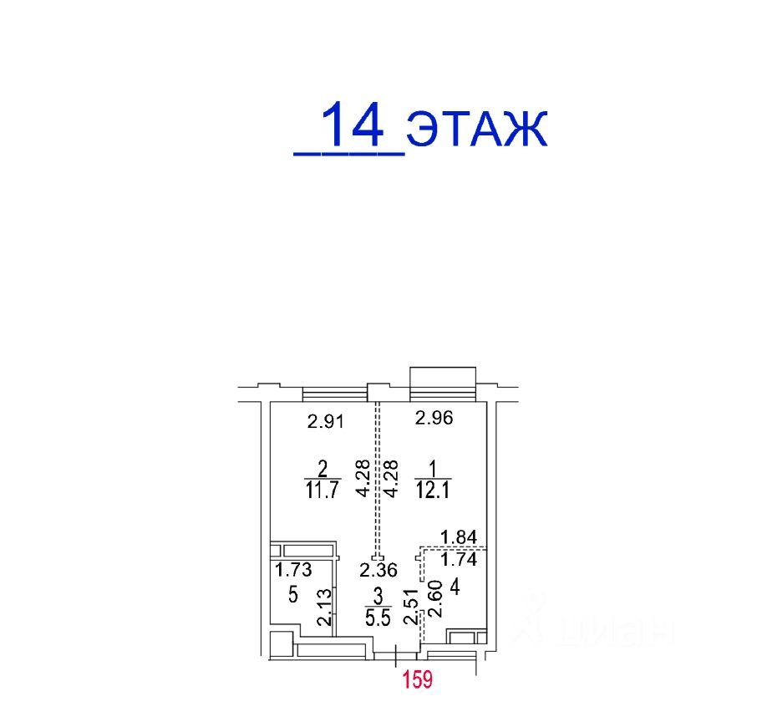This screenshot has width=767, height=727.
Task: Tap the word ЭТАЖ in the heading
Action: [x=477, y=129]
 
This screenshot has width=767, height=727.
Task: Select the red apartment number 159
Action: [x=417, y=679]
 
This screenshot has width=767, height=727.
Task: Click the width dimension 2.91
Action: [x=326, y=420]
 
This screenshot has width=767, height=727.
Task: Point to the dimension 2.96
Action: [x=434, y=417]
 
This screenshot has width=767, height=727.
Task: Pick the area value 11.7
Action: [x=322, y=489]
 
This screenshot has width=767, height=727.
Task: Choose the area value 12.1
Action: [x=433, y=489]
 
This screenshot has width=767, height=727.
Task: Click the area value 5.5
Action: [x=378, y=618]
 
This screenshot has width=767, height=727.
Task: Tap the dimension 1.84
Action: [x=459, y=537]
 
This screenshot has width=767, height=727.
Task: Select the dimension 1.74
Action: [x=459, y=559]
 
